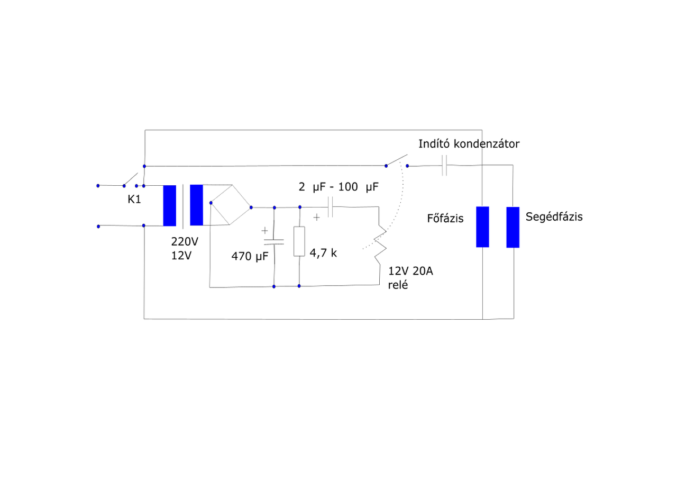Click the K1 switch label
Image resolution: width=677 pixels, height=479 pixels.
134,200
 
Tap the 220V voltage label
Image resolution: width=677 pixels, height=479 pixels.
185,242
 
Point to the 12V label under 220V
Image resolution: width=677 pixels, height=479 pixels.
181,255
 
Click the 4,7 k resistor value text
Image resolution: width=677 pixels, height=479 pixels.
323,253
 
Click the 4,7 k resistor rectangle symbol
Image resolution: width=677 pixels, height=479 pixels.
299,241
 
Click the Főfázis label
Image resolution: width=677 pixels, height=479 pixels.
445,218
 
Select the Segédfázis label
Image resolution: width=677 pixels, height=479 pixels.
554,216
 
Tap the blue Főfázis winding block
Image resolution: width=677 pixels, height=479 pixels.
482,227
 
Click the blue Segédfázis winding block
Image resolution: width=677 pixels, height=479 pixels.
513,227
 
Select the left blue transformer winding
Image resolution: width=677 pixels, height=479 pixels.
169,205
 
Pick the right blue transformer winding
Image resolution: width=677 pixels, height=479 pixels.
196,205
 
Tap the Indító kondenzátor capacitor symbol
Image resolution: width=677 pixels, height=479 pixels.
445,165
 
